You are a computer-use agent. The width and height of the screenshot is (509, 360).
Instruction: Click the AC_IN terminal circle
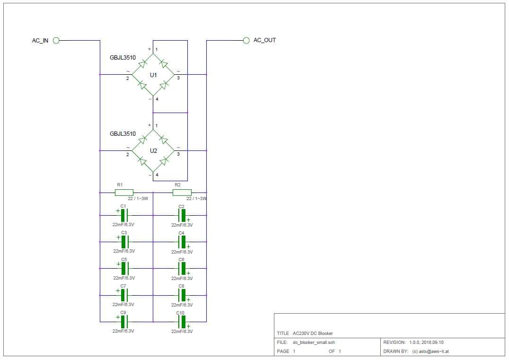pos(56,40)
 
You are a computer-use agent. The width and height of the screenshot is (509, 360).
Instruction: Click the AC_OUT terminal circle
pos(246,40)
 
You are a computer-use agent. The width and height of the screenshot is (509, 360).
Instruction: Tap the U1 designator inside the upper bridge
pos(153,75)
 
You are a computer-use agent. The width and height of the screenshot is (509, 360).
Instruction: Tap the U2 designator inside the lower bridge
pos(153,151)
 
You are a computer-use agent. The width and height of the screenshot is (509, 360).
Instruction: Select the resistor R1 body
pos(124,192)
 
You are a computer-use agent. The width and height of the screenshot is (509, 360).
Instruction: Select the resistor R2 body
pos(182,192)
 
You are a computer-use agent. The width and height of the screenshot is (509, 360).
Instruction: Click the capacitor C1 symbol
pos(124,215)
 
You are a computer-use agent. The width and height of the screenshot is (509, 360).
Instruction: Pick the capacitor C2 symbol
pos(182,215)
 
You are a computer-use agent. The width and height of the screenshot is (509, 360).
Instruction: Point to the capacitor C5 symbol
pos(124,268)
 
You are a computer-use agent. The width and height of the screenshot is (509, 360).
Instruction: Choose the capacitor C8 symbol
pos(182,295)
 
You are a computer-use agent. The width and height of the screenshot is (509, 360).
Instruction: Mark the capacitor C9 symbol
pos(124,322)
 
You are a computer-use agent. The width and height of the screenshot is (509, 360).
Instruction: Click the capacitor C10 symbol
pos(182,322)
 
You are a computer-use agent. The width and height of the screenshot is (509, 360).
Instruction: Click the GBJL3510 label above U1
pos(123,58)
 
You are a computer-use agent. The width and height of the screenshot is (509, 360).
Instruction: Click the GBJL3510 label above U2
pos(123,134)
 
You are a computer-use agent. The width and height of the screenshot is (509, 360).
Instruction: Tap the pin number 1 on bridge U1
pos(156,50)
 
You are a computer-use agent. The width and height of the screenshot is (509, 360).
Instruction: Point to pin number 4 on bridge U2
pos(156,175)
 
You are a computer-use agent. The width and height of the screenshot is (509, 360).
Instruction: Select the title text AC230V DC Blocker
pos(313,334)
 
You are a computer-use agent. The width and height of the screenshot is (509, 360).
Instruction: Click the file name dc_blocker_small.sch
pos(315,342)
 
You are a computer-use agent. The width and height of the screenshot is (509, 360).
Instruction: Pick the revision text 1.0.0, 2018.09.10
pos(426,342)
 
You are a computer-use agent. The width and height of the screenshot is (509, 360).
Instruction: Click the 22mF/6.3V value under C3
pos(124,251)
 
